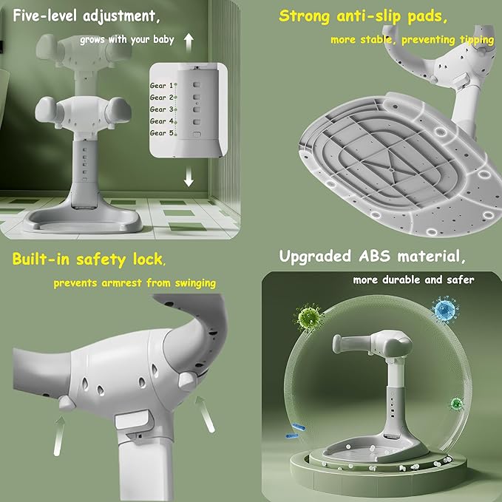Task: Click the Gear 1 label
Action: point(161,86)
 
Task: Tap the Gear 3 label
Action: point(161,109)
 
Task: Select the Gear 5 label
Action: point(161,133)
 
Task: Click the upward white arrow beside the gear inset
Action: point(189,43)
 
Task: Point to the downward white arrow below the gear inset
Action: point(189,177)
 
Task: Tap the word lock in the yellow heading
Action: point(149,259)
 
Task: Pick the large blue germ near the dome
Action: point(445,309)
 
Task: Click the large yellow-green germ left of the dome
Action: point(308,316)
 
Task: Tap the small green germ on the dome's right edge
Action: point(457,404)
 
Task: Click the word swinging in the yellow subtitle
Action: point(195,283)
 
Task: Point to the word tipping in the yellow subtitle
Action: point(477,40)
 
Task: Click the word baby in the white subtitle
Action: point(163,39)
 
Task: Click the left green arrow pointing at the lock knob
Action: point(59,435)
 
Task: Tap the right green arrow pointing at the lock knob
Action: point(206,414)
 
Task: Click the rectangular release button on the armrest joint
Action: point(133,419)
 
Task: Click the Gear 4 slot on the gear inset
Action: point(197,122)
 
